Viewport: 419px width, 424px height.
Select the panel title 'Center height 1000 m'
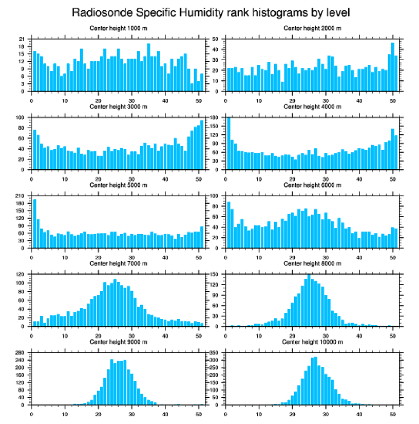119,28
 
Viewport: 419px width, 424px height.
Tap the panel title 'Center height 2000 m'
313,28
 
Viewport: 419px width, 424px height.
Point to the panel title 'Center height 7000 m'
119,263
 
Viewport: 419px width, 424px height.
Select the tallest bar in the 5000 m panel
35,223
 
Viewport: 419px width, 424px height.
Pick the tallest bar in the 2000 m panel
393,67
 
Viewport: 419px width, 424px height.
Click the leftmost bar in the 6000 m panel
228,225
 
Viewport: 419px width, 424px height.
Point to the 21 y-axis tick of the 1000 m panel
22,39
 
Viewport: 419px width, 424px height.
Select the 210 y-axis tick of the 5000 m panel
21,196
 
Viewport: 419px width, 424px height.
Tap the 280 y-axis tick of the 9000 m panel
21,353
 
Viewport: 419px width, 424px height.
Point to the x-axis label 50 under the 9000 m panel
199,413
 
